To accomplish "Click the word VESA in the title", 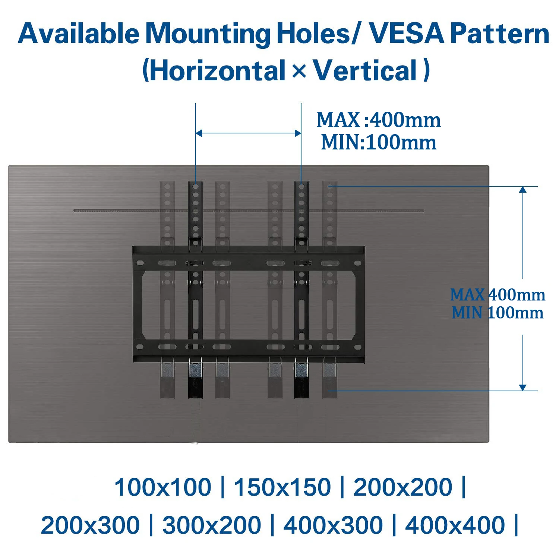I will (x=407, y=34).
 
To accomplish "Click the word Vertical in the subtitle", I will (x=365, y=71).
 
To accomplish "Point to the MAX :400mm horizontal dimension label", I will (x=379, y=120).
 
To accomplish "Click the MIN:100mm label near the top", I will (x=379, y=142).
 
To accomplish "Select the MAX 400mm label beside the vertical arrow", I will (x=498, y=295).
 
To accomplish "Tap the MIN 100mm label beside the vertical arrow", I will (x=498, y=313).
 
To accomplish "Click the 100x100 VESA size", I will (x=162, y=487).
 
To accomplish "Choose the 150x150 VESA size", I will (x=282, y=487).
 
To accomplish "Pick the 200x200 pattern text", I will (x=402, y=487).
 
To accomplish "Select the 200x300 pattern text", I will (x=90, y=525).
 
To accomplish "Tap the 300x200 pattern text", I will (x=212, y=525).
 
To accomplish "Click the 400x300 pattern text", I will (x=333, y=525).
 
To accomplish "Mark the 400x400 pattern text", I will (x=455, y=525).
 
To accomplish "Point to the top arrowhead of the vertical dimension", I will (x=523, y=189).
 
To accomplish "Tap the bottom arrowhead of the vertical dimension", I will (x=523, y=388).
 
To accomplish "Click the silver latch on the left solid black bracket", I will (x=195, y=369).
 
